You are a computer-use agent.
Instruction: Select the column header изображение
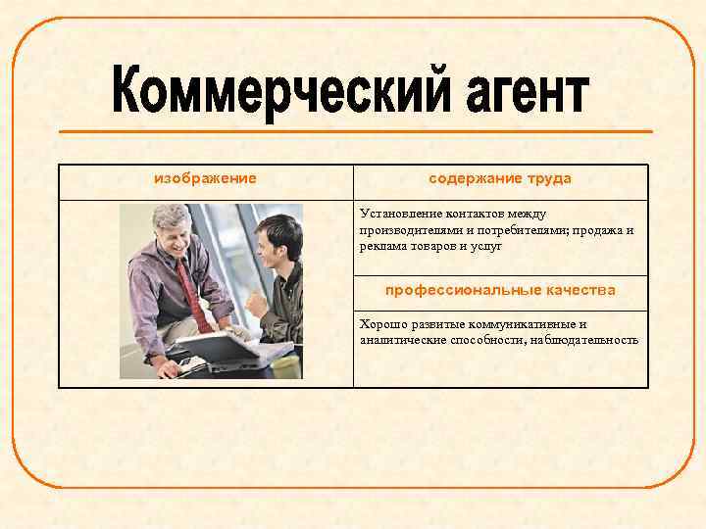[206, 178]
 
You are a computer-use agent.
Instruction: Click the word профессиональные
[454, 290]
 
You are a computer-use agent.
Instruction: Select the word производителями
[410, 230]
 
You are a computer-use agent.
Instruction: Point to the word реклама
[382, 247]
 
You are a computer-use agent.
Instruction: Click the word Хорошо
[382, 324]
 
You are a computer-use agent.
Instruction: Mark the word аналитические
[401, 340]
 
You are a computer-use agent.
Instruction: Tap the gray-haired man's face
[175, 236]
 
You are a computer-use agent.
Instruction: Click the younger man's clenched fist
[256, 303]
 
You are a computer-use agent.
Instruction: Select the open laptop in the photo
[222, 347]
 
